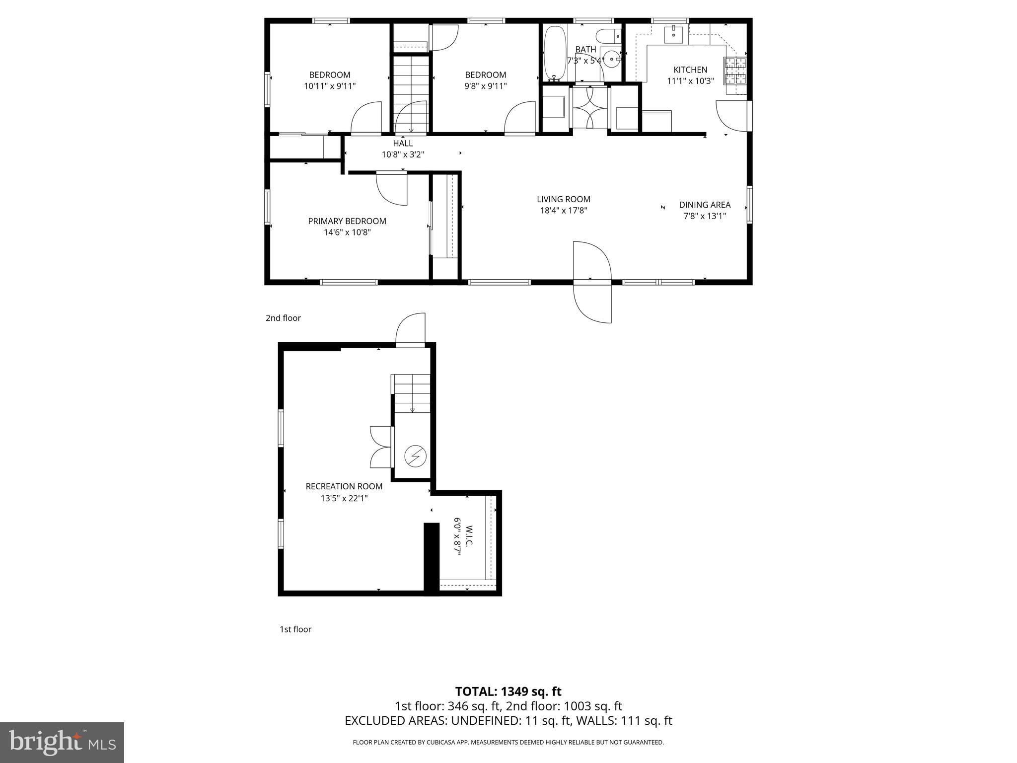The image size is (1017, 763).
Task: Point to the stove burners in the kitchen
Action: (735, 71)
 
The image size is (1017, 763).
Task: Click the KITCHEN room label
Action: (690, 70)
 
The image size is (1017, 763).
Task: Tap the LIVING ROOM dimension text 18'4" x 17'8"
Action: (564, 210)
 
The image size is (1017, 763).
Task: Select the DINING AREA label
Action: (705, 205)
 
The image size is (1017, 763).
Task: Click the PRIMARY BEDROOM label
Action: (347, 221)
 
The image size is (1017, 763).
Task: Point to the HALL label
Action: (403, 144)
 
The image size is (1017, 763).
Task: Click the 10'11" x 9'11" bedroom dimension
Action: (330, 86)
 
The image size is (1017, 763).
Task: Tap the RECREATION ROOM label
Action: (344, 487)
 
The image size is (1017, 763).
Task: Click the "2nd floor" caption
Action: (283, 318)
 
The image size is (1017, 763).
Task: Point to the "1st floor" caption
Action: (295, 629)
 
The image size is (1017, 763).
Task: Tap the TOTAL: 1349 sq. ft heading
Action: (508, 691)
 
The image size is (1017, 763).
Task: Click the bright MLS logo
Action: (62, 742)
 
